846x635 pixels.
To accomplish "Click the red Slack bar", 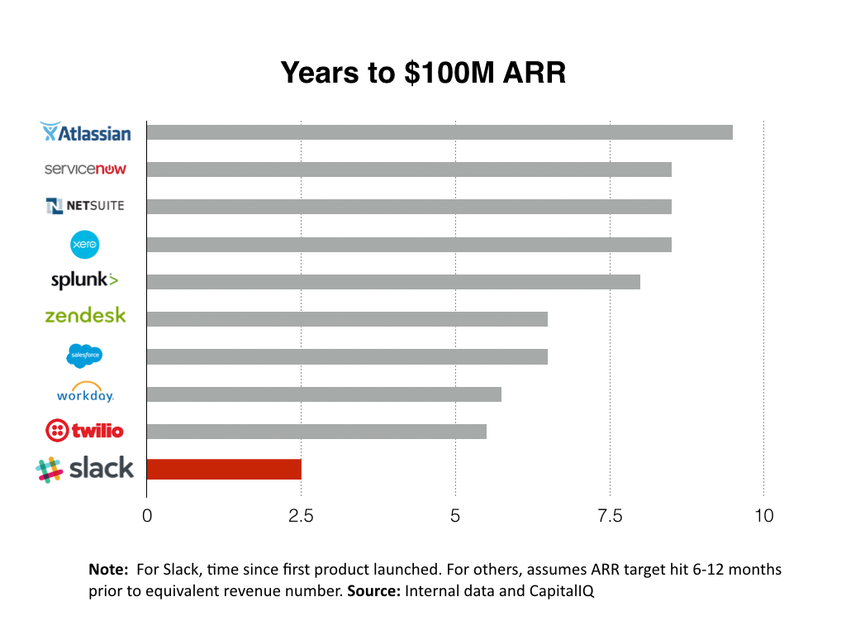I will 224,469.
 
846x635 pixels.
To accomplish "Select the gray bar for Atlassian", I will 440,132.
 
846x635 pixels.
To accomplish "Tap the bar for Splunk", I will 393,282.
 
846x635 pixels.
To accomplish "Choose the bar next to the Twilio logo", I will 316,432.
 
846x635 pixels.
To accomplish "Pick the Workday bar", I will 324,394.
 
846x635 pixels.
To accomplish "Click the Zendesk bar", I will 347,319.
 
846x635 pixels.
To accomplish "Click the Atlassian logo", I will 86,132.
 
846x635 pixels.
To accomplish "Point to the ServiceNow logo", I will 85,169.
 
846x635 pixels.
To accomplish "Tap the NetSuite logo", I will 85,206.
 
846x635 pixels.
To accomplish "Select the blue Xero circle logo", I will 85,244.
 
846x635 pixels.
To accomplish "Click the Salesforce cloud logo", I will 84,356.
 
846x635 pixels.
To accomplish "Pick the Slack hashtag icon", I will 50,469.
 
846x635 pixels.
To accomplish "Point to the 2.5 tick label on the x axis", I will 301,517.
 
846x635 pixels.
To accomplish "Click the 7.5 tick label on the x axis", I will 610,517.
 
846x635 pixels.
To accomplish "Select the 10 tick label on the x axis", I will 764,517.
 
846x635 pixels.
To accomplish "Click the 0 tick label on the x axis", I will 147,517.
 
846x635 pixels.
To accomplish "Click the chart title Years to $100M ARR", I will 423,73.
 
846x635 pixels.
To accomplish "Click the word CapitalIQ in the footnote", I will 561,592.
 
